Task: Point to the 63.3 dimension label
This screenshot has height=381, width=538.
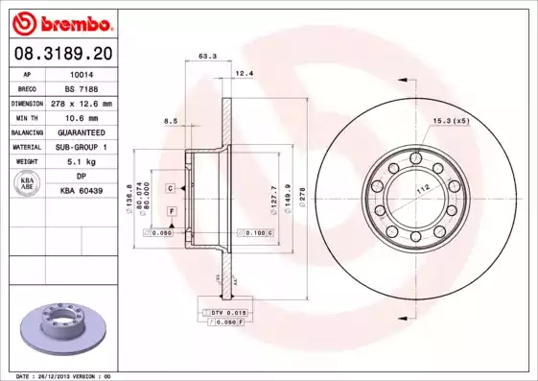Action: coord(206,57)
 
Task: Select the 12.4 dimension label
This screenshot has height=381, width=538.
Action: coord(244,73)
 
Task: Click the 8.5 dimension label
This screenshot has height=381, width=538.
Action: coord(172,120)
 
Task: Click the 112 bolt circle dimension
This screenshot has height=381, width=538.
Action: coord(420,189)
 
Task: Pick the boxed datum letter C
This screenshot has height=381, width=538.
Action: coord(169,188)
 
